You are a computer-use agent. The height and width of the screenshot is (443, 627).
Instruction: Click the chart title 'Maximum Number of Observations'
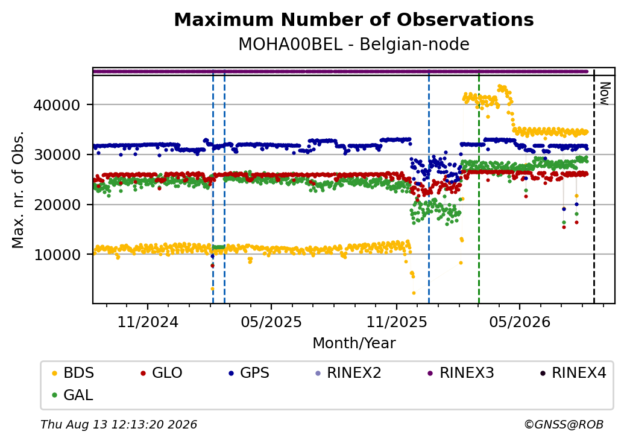coord(354,19)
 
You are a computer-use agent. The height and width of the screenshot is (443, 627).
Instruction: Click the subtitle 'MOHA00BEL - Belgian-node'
coord(354,44)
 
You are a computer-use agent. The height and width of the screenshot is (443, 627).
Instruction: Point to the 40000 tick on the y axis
coord(57,105)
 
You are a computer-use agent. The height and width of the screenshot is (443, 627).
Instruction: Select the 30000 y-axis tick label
coord(57,155)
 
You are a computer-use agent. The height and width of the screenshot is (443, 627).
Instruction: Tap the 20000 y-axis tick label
coord(57,205)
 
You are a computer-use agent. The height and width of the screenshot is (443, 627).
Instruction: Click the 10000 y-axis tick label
coord(57,255)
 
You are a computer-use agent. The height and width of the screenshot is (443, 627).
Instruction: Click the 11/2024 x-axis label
coord(148,322)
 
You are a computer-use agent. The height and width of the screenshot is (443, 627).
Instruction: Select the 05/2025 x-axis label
coord(271,322)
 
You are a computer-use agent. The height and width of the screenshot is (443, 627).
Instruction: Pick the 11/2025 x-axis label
coord(397,322)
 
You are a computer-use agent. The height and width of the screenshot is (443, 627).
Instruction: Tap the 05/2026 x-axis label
coord(520,322)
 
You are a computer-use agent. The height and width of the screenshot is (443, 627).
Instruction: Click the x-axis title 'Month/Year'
coord(354,343)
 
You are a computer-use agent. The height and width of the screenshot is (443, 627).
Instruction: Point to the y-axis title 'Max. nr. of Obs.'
coord(18,190)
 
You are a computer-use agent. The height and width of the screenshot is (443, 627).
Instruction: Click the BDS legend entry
coord(73,373)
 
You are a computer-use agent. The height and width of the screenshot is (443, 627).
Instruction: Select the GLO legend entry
coord(162,373)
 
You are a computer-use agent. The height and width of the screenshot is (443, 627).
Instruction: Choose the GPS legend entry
coord(249,373)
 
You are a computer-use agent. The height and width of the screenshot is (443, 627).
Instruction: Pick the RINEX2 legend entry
coord(348,373)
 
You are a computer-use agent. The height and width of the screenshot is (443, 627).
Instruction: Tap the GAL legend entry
coord(73,395)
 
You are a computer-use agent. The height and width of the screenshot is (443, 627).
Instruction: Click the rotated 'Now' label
coord(605,94)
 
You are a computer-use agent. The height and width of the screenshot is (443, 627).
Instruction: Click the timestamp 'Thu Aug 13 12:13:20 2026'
coord(119,424)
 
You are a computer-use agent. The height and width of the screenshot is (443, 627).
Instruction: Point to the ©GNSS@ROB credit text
coord(564,424)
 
